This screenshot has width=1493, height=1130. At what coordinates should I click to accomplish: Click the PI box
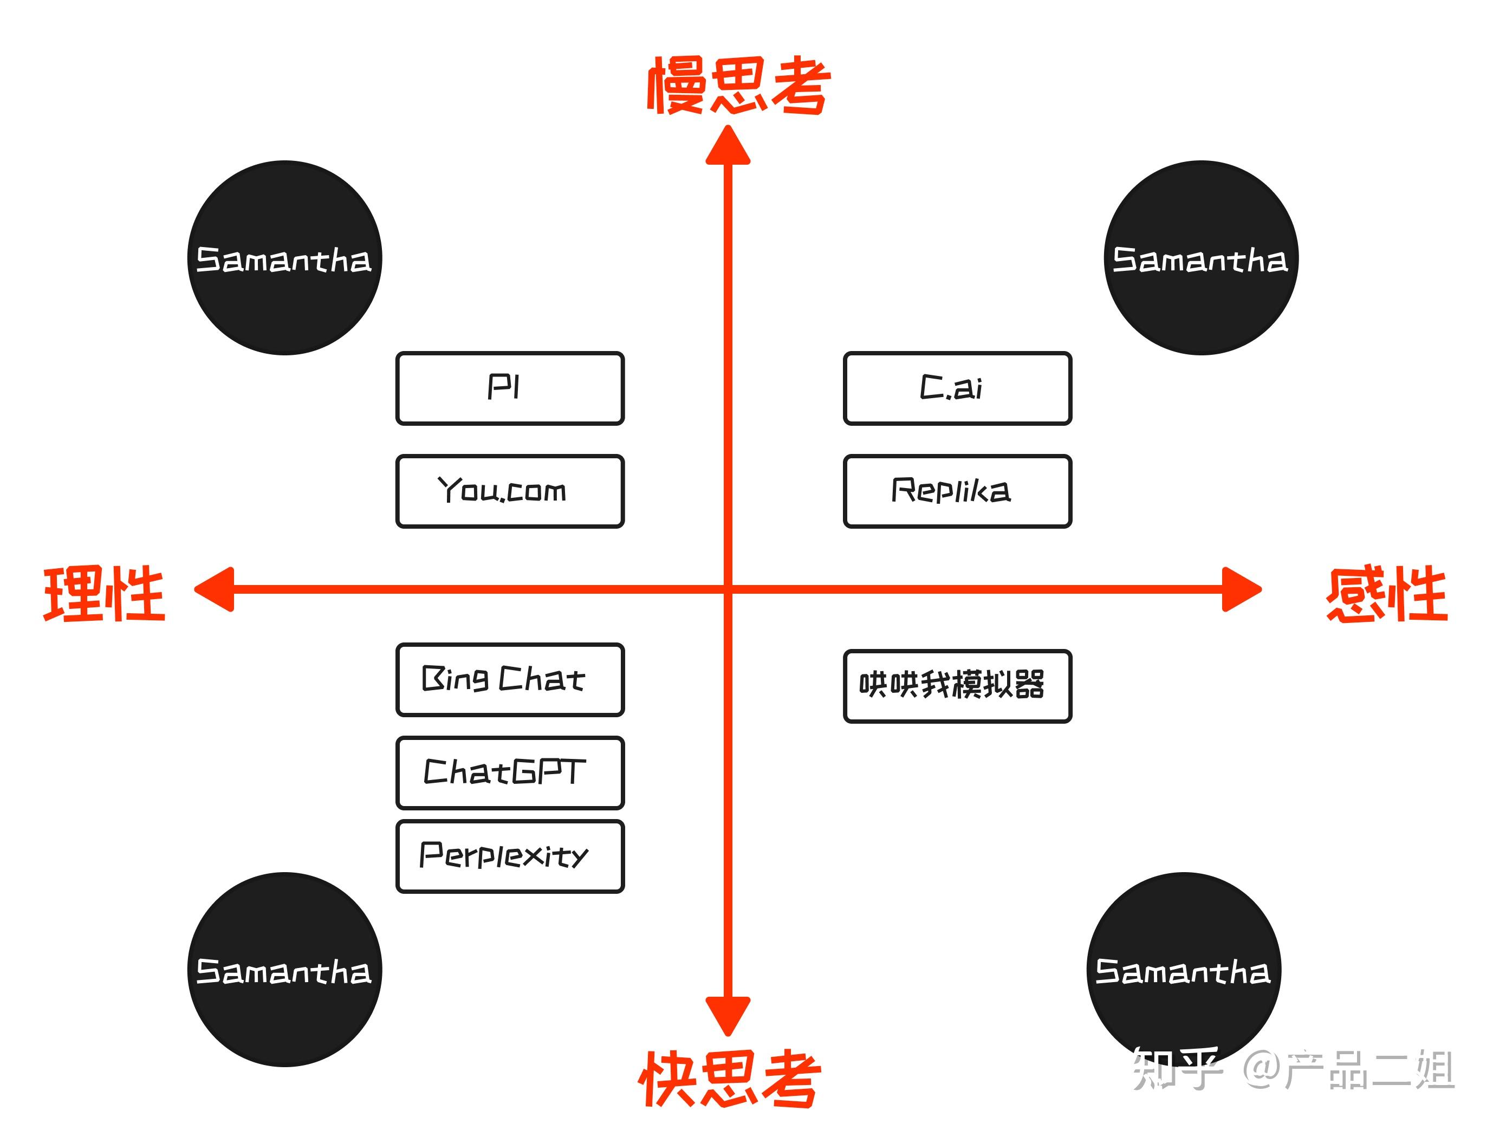[x=510, y=388]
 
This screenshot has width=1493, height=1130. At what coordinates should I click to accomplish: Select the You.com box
[x=510, y=491]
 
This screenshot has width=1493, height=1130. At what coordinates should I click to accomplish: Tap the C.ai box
[x=957, y=388]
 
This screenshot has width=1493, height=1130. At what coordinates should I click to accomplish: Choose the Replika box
[x=957, y=491]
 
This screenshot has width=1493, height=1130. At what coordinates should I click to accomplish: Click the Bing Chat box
[x=510, y=679]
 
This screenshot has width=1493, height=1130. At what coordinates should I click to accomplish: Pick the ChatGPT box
[x=510, y=772]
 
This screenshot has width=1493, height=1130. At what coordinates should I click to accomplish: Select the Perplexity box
[x=510, y=856]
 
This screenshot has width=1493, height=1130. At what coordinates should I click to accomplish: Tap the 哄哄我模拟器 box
[x=957, y=686]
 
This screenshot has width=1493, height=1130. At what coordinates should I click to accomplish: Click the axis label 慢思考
[x=738, y=86]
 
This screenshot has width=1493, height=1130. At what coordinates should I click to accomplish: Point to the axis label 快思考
[x=730, y=1078]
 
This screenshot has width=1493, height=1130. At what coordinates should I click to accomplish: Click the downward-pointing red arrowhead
[x=728, y=1013]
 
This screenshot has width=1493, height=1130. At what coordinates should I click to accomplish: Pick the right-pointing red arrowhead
[x=1241, y=589]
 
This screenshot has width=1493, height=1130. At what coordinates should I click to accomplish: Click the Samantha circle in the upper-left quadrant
[x=284, y=257]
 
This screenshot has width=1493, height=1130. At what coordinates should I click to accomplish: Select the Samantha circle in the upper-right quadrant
[x=1201, y=257]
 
